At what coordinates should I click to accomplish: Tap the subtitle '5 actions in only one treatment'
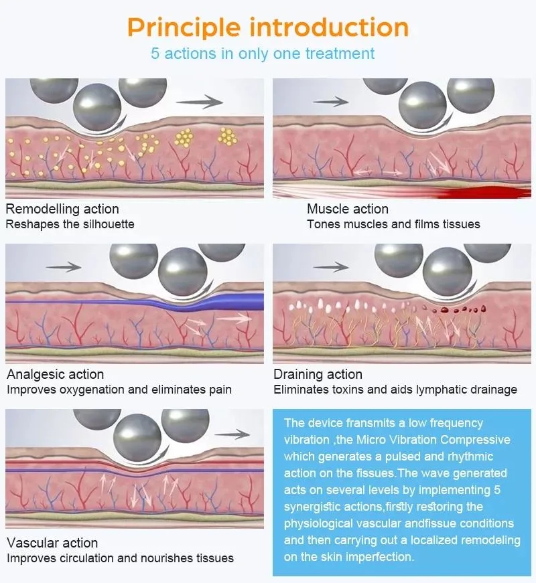pos(263,54)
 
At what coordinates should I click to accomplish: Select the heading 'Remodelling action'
pos(62,209)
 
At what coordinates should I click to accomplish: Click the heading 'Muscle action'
pos(347,209)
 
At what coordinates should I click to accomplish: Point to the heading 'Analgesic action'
pos(55,374)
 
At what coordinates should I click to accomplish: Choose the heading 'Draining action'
pos(318,374)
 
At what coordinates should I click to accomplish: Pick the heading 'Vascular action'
pos(52,543)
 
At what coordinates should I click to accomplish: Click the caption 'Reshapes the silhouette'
pos(70,224)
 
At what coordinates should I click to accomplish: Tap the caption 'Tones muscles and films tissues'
pos(393,224)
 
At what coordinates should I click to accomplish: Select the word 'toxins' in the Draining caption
pos(348,390)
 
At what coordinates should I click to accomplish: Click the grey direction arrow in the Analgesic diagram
pos(64,267)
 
